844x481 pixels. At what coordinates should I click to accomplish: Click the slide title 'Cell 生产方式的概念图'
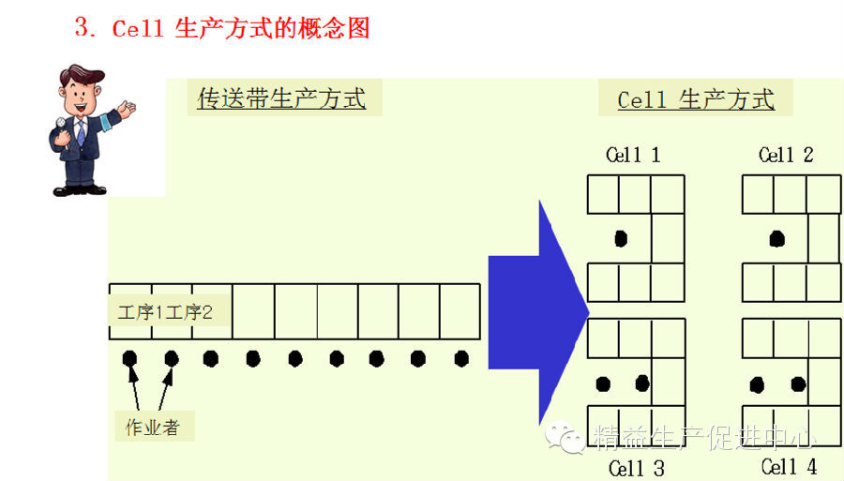222,28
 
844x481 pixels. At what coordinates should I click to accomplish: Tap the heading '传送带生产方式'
281,98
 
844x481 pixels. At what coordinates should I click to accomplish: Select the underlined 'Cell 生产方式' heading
696,100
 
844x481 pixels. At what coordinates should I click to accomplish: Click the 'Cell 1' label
633,155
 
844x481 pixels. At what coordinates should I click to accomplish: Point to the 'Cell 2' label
786,155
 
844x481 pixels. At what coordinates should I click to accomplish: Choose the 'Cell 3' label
636,467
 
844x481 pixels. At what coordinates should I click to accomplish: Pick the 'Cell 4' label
789,466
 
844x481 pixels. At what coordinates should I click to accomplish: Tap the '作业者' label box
152,428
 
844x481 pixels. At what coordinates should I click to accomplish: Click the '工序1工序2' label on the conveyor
165,312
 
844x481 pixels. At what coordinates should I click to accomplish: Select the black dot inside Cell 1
620,238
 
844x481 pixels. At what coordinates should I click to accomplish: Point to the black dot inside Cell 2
776,238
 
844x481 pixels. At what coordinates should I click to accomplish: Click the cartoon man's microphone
61,125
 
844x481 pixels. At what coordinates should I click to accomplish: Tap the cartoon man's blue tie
82,131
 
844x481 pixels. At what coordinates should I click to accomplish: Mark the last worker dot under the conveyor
461,358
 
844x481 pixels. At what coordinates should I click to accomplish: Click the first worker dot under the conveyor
129,358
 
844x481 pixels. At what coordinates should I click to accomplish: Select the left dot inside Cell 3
603,383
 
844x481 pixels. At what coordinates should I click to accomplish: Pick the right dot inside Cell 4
798,383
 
